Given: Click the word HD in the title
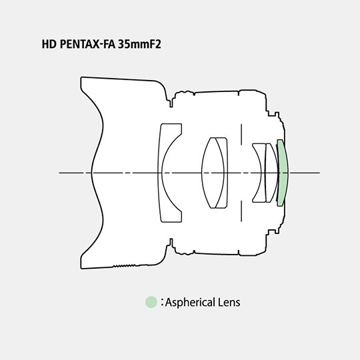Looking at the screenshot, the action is tap(49, 44).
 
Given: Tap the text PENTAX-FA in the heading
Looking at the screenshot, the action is tap(87, 44).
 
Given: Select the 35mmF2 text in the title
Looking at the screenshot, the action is tap(139, 44).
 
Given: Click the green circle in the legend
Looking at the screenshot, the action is tap(151, 302).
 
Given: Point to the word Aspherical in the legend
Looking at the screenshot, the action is tap(190, 303).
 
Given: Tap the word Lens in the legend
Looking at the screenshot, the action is tap(229, 302).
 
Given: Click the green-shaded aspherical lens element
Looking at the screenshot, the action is tap(283, 173).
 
